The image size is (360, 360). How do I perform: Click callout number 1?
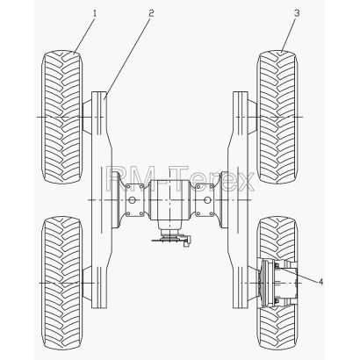95,13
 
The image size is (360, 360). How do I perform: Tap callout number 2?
151,13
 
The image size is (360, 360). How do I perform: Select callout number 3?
297,13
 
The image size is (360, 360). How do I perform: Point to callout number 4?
320,282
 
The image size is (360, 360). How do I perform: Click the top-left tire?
62,117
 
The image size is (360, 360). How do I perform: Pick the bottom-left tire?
62,284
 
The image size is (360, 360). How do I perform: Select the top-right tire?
277,117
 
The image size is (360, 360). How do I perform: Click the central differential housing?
169,200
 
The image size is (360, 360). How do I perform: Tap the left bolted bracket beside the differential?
134,200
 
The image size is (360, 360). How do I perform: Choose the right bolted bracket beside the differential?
205,200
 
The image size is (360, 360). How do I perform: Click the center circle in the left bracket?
132,200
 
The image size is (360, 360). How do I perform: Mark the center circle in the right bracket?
207,200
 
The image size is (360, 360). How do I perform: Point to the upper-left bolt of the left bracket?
128,186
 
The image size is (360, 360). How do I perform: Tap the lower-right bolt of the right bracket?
212,214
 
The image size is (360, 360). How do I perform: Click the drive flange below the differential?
169,236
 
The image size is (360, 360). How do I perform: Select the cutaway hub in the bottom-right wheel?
278,284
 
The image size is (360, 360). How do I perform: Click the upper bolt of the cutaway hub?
276,265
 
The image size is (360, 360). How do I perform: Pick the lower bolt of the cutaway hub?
276,301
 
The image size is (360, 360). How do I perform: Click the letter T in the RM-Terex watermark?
186,178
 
